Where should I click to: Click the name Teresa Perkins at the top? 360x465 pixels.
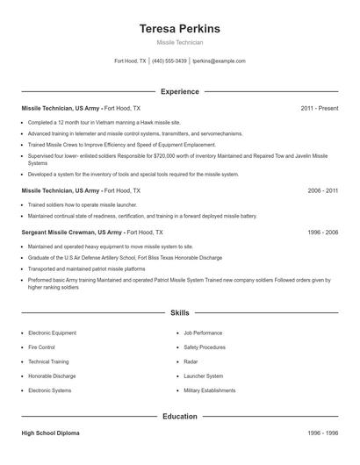click(179, 29)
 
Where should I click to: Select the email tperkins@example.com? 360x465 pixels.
click(219, 61)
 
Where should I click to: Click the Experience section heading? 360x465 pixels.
click(179, 91)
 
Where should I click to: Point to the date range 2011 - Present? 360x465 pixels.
click(319, 108)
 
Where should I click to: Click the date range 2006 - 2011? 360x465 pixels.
click(322, 190)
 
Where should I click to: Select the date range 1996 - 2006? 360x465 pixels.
click(322, 232)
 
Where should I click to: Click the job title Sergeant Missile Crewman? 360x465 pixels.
click(58, 232)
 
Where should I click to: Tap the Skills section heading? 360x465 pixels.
click(179, 312)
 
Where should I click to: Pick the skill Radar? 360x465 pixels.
click(191, 361)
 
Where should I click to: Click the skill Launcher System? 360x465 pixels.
click(204, 376)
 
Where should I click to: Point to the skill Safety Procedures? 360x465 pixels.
click(205, 347)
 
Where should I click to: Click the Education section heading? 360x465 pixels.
click(179, 416)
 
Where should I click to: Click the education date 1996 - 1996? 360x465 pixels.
click(322, 433)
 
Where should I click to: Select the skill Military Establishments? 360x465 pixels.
click(210, 390)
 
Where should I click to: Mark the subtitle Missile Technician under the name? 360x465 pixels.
click(179, 42)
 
